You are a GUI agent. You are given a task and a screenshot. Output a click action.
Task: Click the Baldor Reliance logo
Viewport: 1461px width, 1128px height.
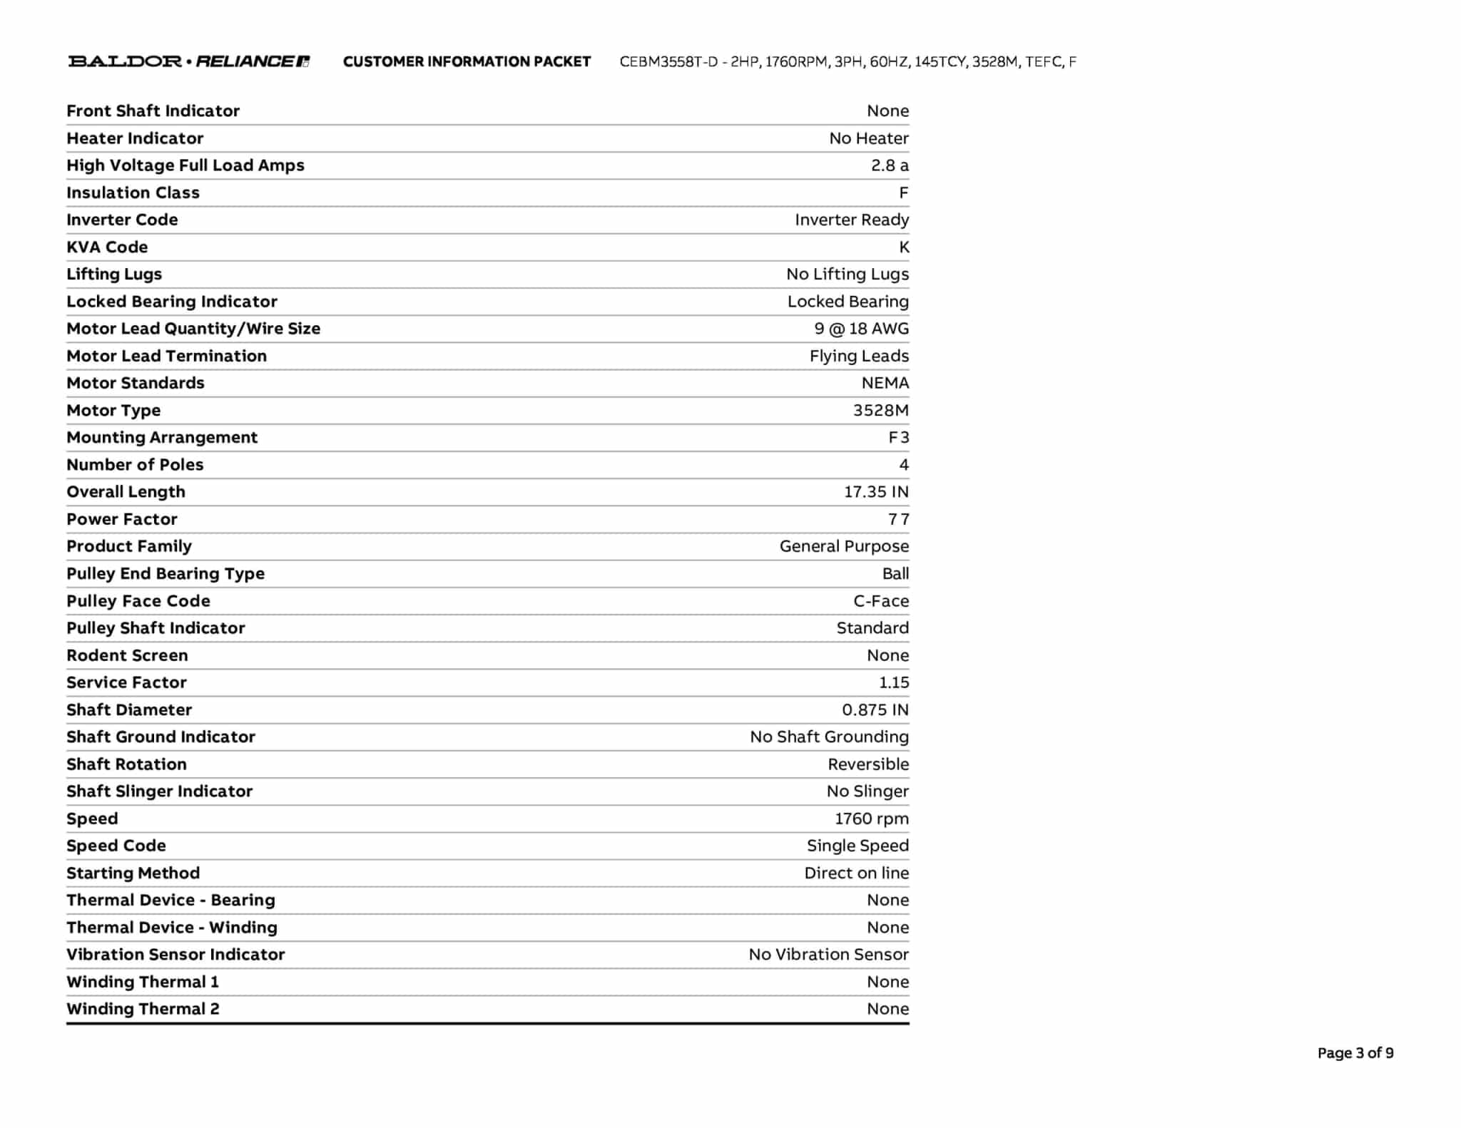(x=189, y=61)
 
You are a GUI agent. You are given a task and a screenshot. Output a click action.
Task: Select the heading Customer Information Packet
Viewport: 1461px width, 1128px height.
(x=467, y=62)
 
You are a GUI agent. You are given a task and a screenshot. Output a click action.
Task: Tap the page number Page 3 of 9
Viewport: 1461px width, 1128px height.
(x=1355, y=1053)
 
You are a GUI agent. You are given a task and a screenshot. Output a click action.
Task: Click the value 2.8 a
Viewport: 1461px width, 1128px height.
(x=889, y=165)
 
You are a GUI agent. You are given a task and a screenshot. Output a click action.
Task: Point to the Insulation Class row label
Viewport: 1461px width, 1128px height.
(x=133, y=193)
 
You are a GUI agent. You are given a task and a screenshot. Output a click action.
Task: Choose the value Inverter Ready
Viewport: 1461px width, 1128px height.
(x=851, y=220)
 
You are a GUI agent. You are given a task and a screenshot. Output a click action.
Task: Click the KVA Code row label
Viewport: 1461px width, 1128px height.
(x=107, y=247)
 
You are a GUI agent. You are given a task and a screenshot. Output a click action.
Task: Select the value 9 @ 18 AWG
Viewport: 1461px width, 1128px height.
(x=861, y=329)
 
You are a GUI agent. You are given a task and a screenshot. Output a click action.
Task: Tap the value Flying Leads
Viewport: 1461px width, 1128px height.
(x=858, y=356)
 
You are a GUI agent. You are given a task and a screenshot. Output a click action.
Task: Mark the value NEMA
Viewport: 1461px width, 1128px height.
(x=885, y=383)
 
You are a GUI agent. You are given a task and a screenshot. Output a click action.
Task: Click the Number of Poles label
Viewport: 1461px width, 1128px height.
(x=135, y=465)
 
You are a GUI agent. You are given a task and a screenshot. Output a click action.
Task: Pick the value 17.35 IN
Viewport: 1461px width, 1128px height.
(x=876, y=492)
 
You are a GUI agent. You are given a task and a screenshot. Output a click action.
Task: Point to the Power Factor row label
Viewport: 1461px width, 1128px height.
(x=122, y=519)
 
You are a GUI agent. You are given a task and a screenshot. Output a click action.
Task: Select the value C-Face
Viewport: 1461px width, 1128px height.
(x=880, y=601)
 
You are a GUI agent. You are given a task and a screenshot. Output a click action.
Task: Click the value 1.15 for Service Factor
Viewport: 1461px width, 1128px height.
(x=893, y=682)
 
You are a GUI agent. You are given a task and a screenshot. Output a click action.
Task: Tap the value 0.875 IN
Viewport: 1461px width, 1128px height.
(x=875, y=709)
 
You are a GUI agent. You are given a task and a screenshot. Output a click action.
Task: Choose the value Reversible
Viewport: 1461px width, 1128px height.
(x=867, y=764)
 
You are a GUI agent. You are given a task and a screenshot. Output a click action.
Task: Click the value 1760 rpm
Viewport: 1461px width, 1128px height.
(x=871, y=819)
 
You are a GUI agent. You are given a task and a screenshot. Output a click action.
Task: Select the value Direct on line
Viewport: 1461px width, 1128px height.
(x=856, y=873)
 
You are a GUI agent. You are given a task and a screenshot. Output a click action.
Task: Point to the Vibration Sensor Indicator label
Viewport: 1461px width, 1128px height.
(x=175, y=955)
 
